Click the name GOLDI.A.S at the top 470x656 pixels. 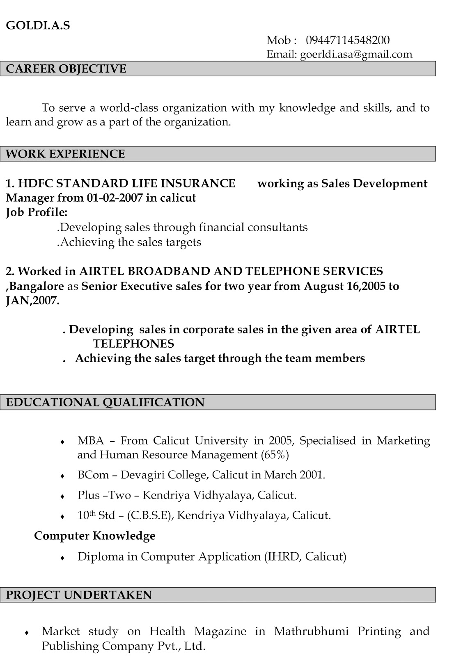38,25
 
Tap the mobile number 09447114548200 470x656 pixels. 348,40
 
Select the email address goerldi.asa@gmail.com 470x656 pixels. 356,54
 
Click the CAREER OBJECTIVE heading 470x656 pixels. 66,68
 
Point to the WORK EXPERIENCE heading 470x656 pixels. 66,154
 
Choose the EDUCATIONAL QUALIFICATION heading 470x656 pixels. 105,402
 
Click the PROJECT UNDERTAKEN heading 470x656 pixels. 79,595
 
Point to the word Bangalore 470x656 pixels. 37,286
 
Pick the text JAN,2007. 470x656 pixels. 32,301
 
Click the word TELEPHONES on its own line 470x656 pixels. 133,344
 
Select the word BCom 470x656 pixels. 93,475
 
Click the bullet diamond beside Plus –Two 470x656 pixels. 62,497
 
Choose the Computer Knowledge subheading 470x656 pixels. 95,535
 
